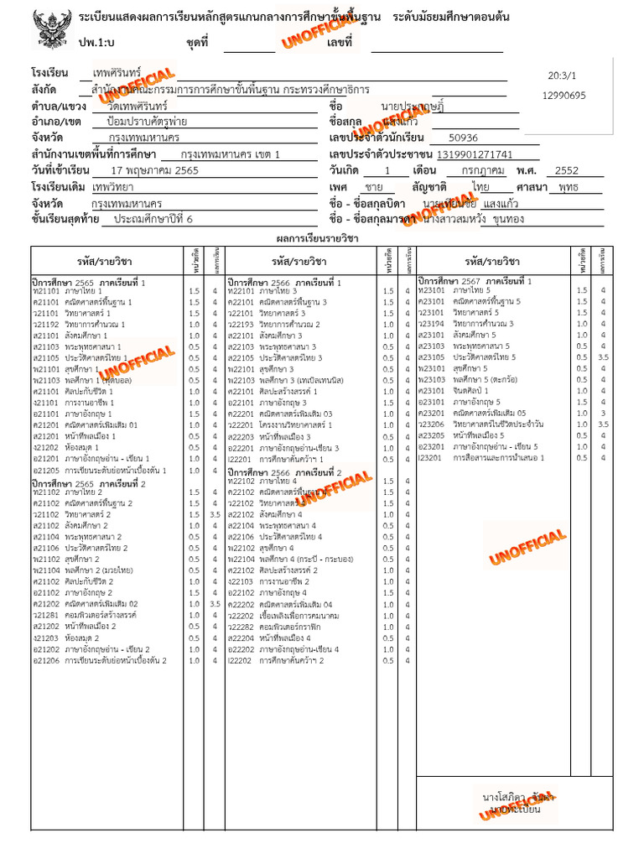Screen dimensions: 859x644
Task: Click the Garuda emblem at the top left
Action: (50, 32)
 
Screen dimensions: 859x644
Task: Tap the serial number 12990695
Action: (564, 95)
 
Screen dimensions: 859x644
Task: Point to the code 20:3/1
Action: (563, 75)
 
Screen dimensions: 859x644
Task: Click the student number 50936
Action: (463, 138)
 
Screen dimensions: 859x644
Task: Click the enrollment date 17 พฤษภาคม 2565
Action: (157, 170)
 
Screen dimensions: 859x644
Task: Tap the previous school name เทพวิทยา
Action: (117, 187)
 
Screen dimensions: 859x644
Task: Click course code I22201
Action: (240, 459)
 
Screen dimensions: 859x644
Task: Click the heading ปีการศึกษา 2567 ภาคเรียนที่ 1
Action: (475, 281)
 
